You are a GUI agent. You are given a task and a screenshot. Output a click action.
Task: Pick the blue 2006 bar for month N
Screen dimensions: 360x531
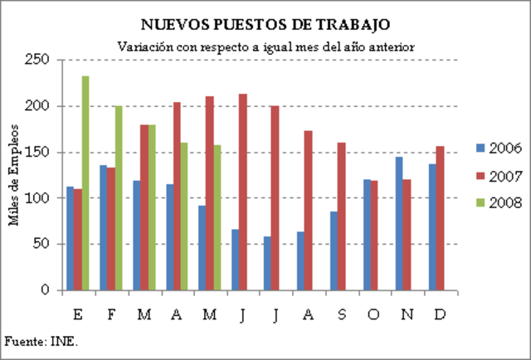point(399,224)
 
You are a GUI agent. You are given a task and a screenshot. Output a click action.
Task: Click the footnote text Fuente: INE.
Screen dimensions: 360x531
point(41,341)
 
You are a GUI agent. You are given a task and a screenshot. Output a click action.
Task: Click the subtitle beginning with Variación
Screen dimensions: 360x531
point(265,46)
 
